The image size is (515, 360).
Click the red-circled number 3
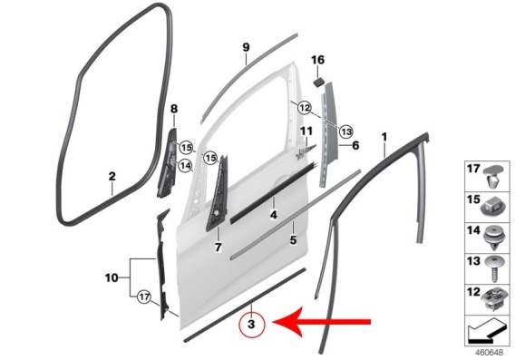(x=251, y=325)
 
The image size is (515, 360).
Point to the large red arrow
(x=322, y=322)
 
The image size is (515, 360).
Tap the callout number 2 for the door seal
(x=112, y=177)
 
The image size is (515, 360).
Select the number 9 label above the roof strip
(x=246, y=47)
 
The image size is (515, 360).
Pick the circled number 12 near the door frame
(x=305, y=107)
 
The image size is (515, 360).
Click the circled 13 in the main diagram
(x=345, y=132)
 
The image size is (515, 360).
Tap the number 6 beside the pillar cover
(x=355, y=145)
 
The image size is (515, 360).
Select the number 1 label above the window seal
(x=384, y=137)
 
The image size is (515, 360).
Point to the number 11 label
(x=306, y=131)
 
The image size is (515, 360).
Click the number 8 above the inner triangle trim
(x=174, y=109)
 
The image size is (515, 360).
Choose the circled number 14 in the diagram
(x=185, y=166)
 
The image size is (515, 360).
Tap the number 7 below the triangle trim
(x=219, y=247)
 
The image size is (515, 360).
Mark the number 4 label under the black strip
(x=273, y=215)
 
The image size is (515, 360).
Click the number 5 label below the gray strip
(x=293, y=240)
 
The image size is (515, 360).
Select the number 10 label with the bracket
(x=112, y=277)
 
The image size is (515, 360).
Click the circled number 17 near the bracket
(x=144, y=297)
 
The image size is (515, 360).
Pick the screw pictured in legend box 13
(x=492, y=269)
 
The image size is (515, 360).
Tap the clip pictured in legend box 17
(x=492, y=177)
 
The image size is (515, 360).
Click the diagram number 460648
(x=489, y=353)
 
